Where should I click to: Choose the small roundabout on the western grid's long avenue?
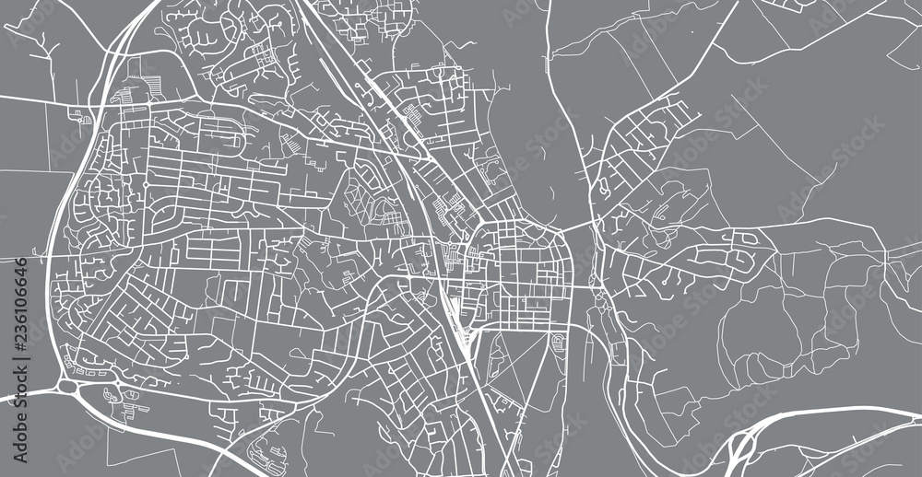(146, 185)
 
